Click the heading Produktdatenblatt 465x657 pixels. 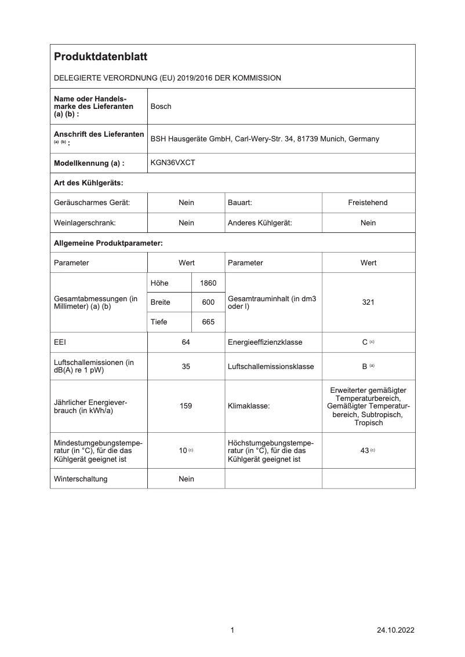[x=100, y=57]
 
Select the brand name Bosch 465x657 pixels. [x=161, y=107]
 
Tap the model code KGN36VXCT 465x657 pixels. [x=173, y=163]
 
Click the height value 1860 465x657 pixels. [x=208, y=283]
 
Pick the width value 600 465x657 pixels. [x=208, y=302]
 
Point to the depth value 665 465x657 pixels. [x=208, y=322]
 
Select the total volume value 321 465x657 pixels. [x=368, y=302]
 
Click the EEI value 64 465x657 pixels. [x=186, y=342]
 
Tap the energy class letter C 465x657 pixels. [x=365, y=342]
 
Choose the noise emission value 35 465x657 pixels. [x=186, y=367]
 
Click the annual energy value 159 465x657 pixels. [x=186, y=406]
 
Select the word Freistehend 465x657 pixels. [x=368, y=203]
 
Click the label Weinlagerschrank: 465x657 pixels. [x=85, y=223]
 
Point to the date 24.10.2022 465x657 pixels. [x=395, y=630]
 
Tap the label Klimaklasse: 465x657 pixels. [x=249, y=406]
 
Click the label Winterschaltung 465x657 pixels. [x=81, y=479]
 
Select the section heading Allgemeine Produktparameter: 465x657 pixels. [x=108, y=243]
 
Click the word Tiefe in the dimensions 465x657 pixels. [x=159, y=322]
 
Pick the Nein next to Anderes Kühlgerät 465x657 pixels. [x=368, y=223]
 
